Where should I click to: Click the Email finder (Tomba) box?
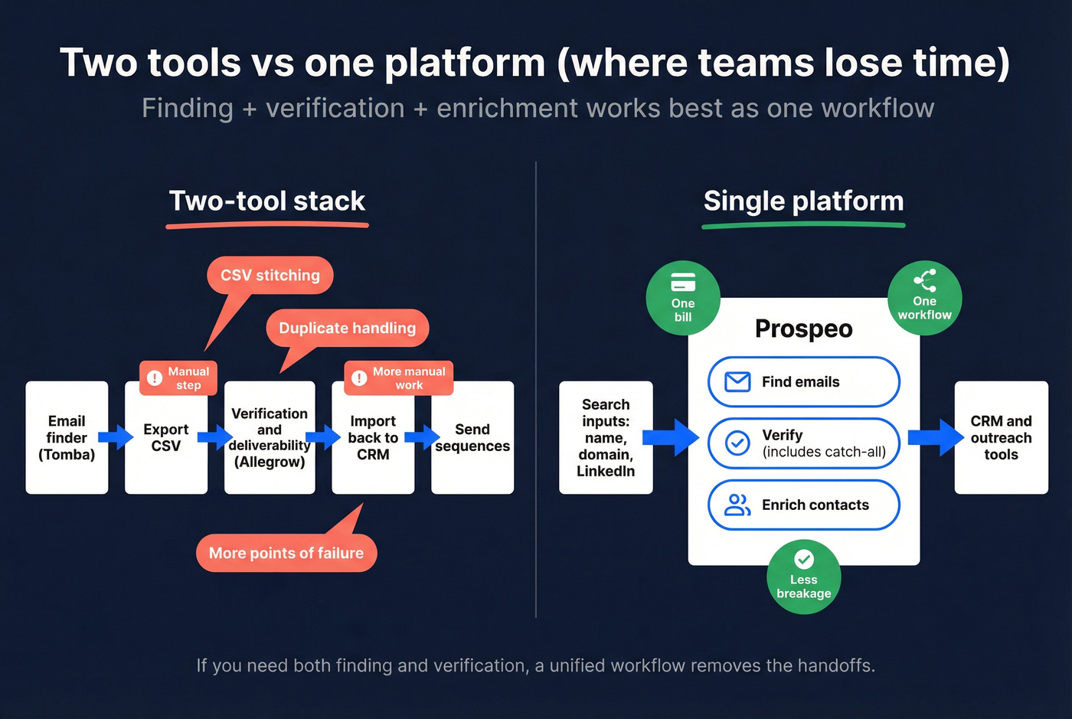[x=67, y=437]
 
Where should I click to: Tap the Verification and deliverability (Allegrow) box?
[x=270, y=437]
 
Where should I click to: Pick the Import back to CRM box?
[x=373, y=437]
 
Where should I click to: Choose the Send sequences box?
[x=472, y=437]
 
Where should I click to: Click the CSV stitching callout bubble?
[x=270, y=275]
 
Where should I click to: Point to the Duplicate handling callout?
[x=347, y=328]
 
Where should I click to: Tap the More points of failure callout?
[x=286, y=553]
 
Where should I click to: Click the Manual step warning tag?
[x=178, y=378]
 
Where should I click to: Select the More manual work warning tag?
[x=399, y=378]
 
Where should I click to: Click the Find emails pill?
[x=803, y=381]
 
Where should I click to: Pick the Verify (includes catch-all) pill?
[x=803, y=443]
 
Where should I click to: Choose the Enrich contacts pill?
[x=803, y=505]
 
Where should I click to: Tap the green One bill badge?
[x=683, y=298]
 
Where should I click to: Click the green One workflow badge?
[x=924, y=298]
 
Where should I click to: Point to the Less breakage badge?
[x=804, y=577]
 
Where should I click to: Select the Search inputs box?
[x=606, y=437]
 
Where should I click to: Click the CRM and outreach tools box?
[x=1001, y=437]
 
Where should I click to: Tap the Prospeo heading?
[x=803, y=328]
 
